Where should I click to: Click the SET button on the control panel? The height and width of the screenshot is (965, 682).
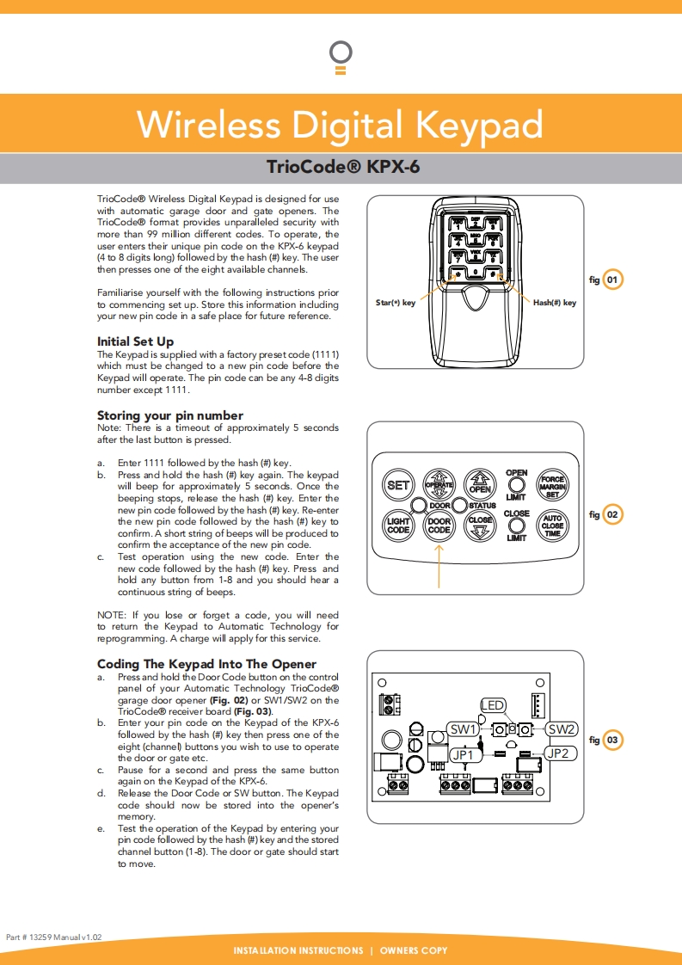point(398,485)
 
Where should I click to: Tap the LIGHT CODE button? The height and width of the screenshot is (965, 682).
point(398,525)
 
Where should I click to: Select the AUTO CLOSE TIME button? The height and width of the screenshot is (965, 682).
point(552,525)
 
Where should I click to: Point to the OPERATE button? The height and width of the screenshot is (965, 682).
point(439,485)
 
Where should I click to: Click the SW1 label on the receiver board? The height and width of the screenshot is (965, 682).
point(464,729)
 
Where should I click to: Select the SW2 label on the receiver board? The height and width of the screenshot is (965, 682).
point(562,729)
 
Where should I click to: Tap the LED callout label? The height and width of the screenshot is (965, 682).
point(493,706)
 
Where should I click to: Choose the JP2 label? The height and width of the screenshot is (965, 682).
point(558,753)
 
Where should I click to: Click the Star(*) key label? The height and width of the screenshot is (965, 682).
point(396,303)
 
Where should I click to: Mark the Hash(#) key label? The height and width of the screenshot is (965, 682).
point(555,303)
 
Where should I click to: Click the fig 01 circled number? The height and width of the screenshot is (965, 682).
point(612,280)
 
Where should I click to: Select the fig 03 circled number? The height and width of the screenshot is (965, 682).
point(612,740)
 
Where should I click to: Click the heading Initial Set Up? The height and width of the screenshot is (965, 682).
point(135,341)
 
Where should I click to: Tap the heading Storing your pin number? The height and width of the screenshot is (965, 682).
point(169,415)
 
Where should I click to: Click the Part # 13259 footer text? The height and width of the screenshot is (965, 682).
point(54,936)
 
